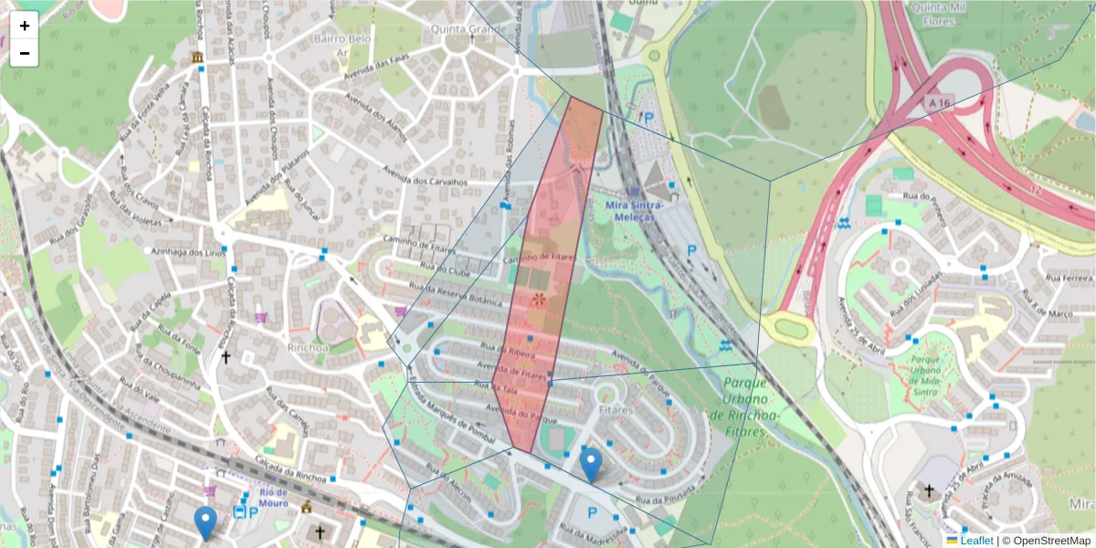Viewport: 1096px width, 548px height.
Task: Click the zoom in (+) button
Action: pos(25,26)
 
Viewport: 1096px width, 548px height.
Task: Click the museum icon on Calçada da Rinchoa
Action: pos(197,58)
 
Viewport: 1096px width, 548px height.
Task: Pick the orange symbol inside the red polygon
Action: pos(539,300)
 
